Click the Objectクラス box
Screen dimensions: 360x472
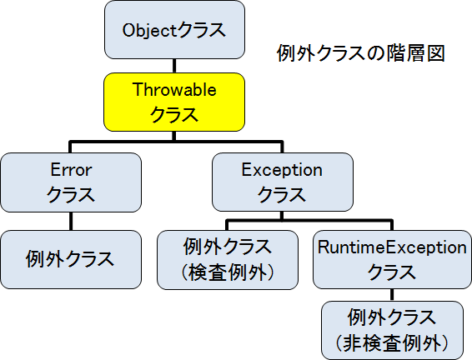173,31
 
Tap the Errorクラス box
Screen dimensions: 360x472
70,182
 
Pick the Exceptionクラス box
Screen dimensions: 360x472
281,182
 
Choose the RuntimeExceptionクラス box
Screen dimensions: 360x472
392,259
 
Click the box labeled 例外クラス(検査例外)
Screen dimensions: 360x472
227,259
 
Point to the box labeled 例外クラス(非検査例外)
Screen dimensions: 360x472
391,329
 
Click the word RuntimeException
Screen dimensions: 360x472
392,247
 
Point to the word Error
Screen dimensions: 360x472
70,170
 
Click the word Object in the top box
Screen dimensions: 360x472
149,31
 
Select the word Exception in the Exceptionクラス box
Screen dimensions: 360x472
281,170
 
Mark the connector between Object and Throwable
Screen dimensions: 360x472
173,65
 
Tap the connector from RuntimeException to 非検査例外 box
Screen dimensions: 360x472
391,295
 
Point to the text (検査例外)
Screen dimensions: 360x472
227,272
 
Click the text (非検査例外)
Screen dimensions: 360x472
391,342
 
